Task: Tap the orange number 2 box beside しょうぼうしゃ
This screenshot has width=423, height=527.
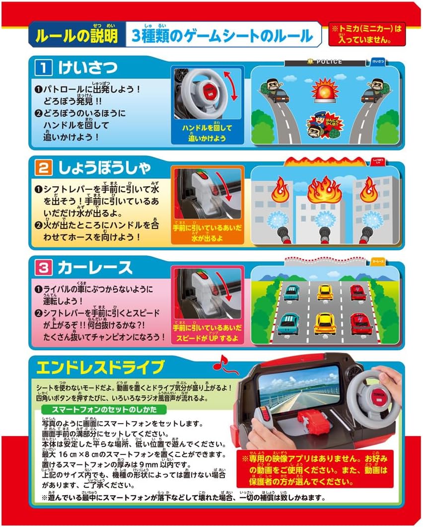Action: (x=43, y=168)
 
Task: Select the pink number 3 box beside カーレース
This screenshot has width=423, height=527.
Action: (x=43, y=268)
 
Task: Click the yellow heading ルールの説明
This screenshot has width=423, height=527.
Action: (x=77, y=36)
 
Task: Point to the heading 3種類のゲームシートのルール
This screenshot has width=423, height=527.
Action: (x=221, y=36)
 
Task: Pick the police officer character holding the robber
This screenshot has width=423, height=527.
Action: (x=320, y=122)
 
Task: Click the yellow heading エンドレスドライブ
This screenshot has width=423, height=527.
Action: (x=100, y=368)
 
